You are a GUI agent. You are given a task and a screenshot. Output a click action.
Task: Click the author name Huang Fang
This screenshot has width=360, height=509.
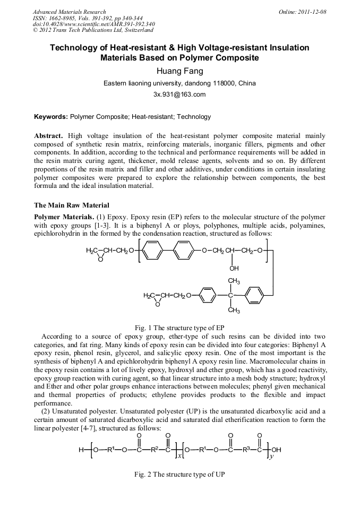[179, 71]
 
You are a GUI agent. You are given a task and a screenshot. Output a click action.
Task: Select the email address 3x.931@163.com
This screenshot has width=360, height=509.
[179, 94]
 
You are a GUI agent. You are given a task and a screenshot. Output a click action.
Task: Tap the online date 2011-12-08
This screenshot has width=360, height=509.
[312, 12]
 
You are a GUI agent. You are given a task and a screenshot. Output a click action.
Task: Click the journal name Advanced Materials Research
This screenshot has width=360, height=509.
[69, 12]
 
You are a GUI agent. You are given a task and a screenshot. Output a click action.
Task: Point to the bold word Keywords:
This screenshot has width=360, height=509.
[51, 117]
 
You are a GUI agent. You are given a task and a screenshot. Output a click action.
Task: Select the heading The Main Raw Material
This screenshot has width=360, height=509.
[72, 205]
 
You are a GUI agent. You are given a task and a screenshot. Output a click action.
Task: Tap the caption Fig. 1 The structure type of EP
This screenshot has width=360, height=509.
[180, 327]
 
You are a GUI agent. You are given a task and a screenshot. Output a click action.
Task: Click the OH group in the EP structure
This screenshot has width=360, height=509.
[234, 268]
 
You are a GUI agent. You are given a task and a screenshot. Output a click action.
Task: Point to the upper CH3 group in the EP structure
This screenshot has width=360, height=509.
[234, 280]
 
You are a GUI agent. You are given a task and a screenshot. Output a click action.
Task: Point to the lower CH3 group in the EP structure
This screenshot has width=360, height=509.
[234, 310]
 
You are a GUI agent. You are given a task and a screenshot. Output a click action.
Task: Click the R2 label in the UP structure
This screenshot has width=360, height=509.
[154, 450]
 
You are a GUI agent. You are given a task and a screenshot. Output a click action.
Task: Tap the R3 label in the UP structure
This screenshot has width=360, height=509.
[245, 450]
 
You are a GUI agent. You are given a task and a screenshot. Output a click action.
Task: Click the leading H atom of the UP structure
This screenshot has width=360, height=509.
[81, 450]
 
